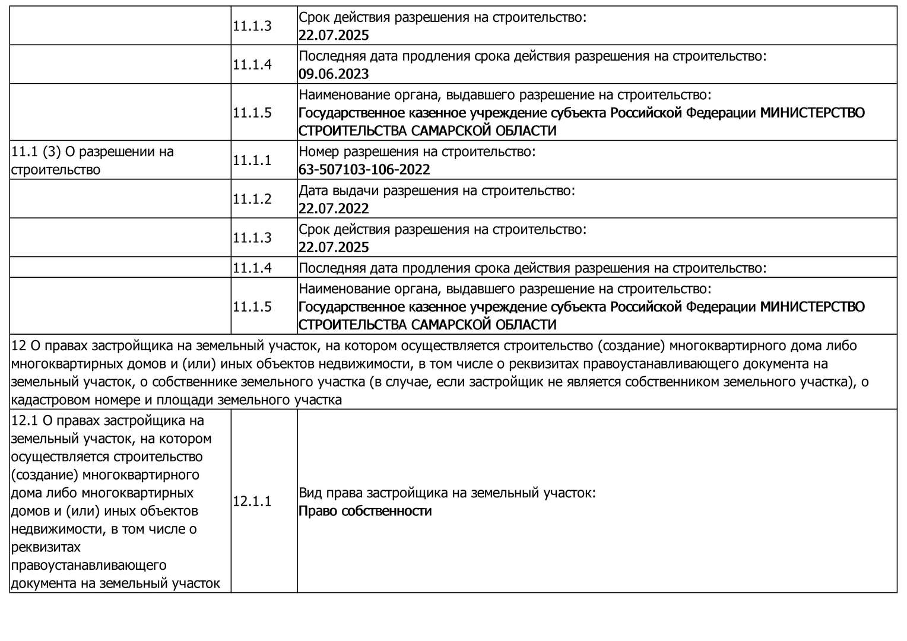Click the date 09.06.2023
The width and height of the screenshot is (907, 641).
point(334,74)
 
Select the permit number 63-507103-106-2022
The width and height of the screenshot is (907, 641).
point(364,170)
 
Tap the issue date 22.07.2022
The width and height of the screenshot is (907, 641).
point(334,209)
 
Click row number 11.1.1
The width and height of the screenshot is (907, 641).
point(252,160)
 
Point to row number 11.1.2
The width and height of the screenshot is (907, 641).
point(252,199)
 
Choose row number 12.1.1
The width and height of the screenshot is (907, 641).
point(252,502)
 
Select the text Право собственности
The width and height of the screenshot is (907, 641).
point(365,511)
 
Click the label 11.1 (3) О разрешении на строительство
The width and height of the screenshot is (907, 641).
point(93,160)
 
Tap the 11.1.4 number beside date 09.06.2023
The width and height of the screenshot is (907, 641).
point(252,65)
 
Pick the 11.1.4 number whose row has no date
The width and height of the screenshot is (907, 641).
point(252,268)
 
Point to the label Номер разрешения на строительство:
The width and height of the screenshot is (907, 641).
point(417,152)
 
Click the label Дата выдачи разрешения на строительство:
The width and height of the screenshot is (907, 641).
point(436,191)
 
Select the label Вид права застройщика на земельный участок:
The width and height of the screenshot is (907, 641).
point(447,493)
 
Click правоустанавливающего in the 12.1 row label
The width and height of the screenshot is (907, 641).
point(88,565)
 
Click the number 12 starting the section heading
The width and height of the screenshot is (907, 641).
point(19,346)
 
